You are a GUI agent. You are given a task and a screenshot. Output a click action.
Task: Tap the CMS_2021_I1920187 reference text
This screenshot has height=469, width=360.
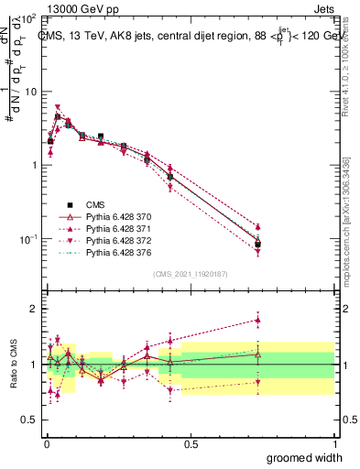pyautogui.click(x=190, y=274)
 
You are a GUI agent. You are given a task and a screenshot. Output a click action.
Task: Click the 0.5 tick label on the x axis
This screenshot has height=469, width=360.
pyautogui.click(x=191, y=443)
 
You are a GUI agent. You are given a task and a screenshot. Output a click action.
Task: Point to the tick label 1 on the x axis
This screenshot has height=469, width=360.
pyautogui.click(x=334, y=443)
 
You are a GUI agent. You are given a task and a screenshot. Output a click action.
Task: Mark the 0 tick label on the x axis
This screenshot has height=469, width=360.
pyautogui.click(x=46, y=443)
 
